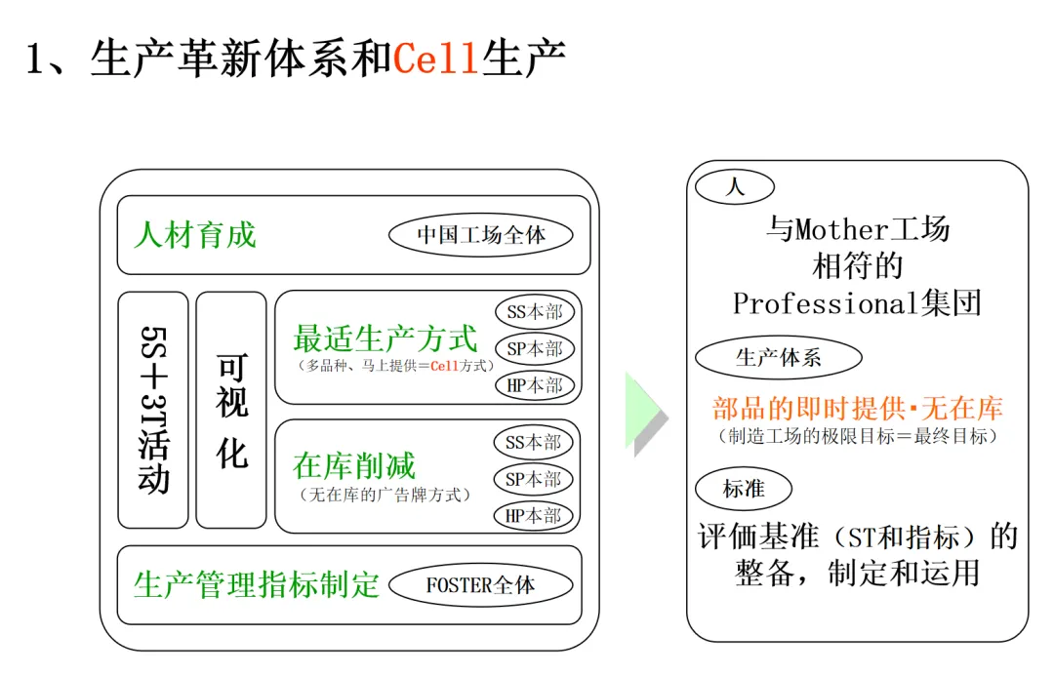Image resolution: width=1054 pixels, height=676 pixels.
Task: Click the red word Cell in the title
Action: (436, 60)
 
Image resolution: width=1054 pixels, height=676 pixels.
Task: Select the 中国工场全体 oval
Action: (481, 235)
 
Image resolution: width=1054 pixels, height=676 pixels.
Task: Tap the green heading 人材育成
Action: (195, 235)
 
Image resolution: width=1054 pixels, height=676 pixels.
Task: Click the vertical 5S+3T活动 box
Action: (153, 410)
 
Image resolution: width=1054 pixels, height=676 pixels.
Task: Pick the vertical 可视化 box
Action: (231, 410)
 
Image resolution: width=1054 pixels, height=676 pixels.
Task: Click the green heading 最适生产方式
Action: (385, 338)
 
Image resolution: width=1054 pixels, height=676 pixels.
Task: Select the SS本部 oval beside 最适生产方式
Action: (534, 313)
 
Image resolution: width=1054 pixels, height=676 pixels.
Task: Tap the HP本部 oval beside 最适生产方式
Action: (534, 385)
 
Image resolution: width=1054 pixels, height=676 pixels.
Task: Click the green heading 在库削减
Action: (354, 465)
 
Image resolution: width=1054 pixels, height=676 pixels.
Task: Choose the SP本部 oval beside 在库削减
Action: (534, 479)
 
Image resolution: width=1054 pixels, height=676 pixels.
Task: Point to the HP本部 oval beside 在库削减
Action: (534, 515)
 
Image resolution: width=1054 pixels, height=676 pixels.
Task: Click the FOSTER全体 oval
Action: (480, 585)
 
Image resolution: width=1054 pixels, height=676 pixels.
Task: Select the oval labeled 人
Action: (736, 186)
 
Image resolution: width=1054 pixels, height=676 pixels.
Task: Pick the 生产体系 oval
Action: (779, 358)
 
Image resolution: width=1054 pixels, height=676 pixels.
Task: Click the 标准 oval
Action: (744, 489)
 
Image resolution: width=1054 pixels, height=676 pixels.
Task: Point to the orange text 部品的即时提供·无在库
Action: (858, 408)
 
